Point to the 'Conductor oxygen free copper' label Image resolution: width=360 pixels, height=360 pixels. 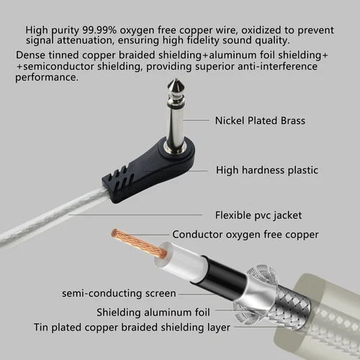245,234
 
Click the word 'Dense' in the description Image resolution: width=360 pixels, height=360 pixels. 30,55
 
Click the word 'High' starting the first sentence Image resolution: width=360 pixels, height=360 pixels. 38,30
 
